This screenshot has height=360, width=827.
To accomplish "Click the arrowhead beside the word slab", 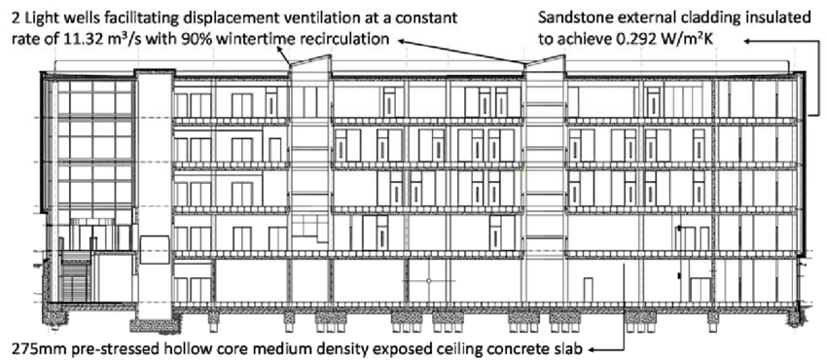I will click(593, 347).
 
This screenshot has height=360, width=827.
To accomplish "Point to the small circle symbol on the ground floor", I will click(428, 281).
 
